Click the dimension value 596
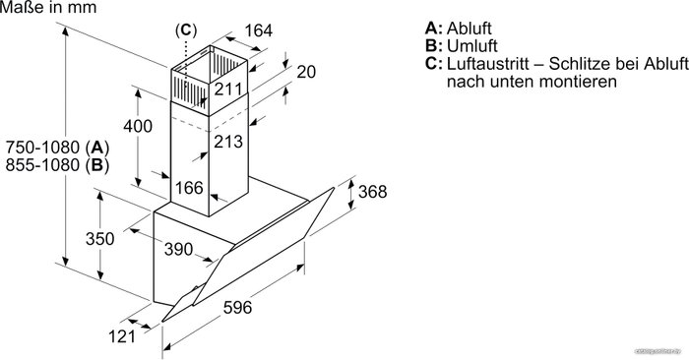pos(238,307)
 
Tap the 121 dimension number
pos(122,336)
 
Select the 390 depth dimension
pos(178,249)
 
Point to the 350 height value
pos(99,238)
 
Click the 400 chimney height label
pos(138,126)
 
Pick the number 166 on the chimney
pos(189,188)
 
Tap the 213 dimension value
pos(228,142)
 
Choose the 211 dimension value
pos(228,90)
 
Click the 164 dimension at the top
pos(258,30)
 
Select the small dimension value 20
pos(306,72)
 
